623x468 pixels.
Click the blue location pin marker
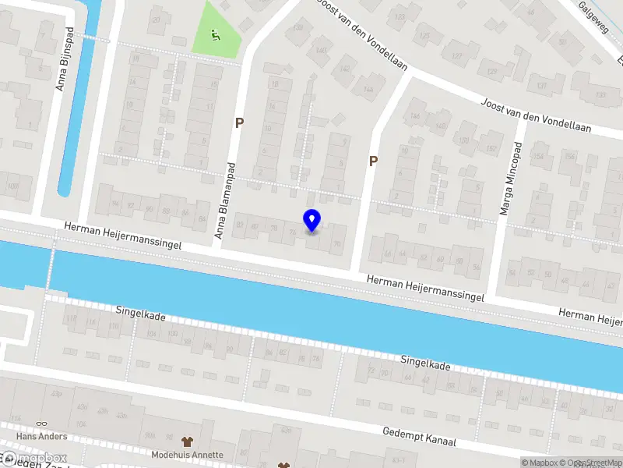pos(311,220)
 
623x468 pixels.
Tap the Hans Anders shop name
pos(41,437)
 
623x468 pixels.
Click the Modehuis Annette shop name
pos(187,455)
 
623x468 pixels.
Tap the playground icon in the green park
pos(216,34)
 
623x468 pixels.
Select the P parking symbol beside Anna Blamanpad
pos(240,122)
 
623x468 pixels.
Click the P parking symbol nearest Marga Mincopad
pos(373,161)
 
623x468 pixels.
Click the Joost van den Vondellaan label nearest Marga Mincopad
pos(535,115)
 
